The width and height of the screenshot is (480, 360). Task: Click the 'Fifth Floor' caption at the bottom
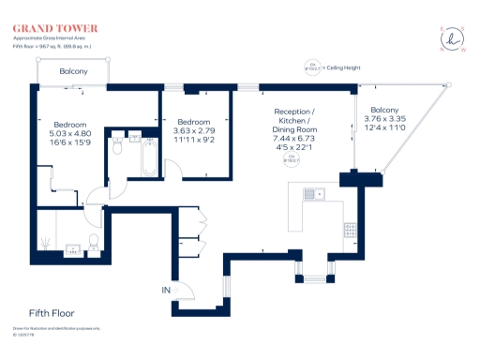[52, 312]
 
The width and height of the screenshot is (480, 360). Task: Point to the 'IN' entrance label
[166, 292]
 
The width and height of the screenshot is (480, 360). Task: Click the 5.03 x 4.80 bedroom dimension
[70, 134]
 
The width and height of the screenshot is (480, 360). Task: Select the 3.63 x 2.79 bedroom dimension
[193, 130]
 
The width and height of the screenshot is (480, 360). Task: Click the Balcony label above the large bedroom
[73, 72]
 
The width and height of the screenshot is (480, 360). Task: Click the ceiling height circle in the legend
[310, 67]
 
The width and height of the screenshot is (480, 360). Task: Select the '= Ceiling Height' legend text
[341, 67]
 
